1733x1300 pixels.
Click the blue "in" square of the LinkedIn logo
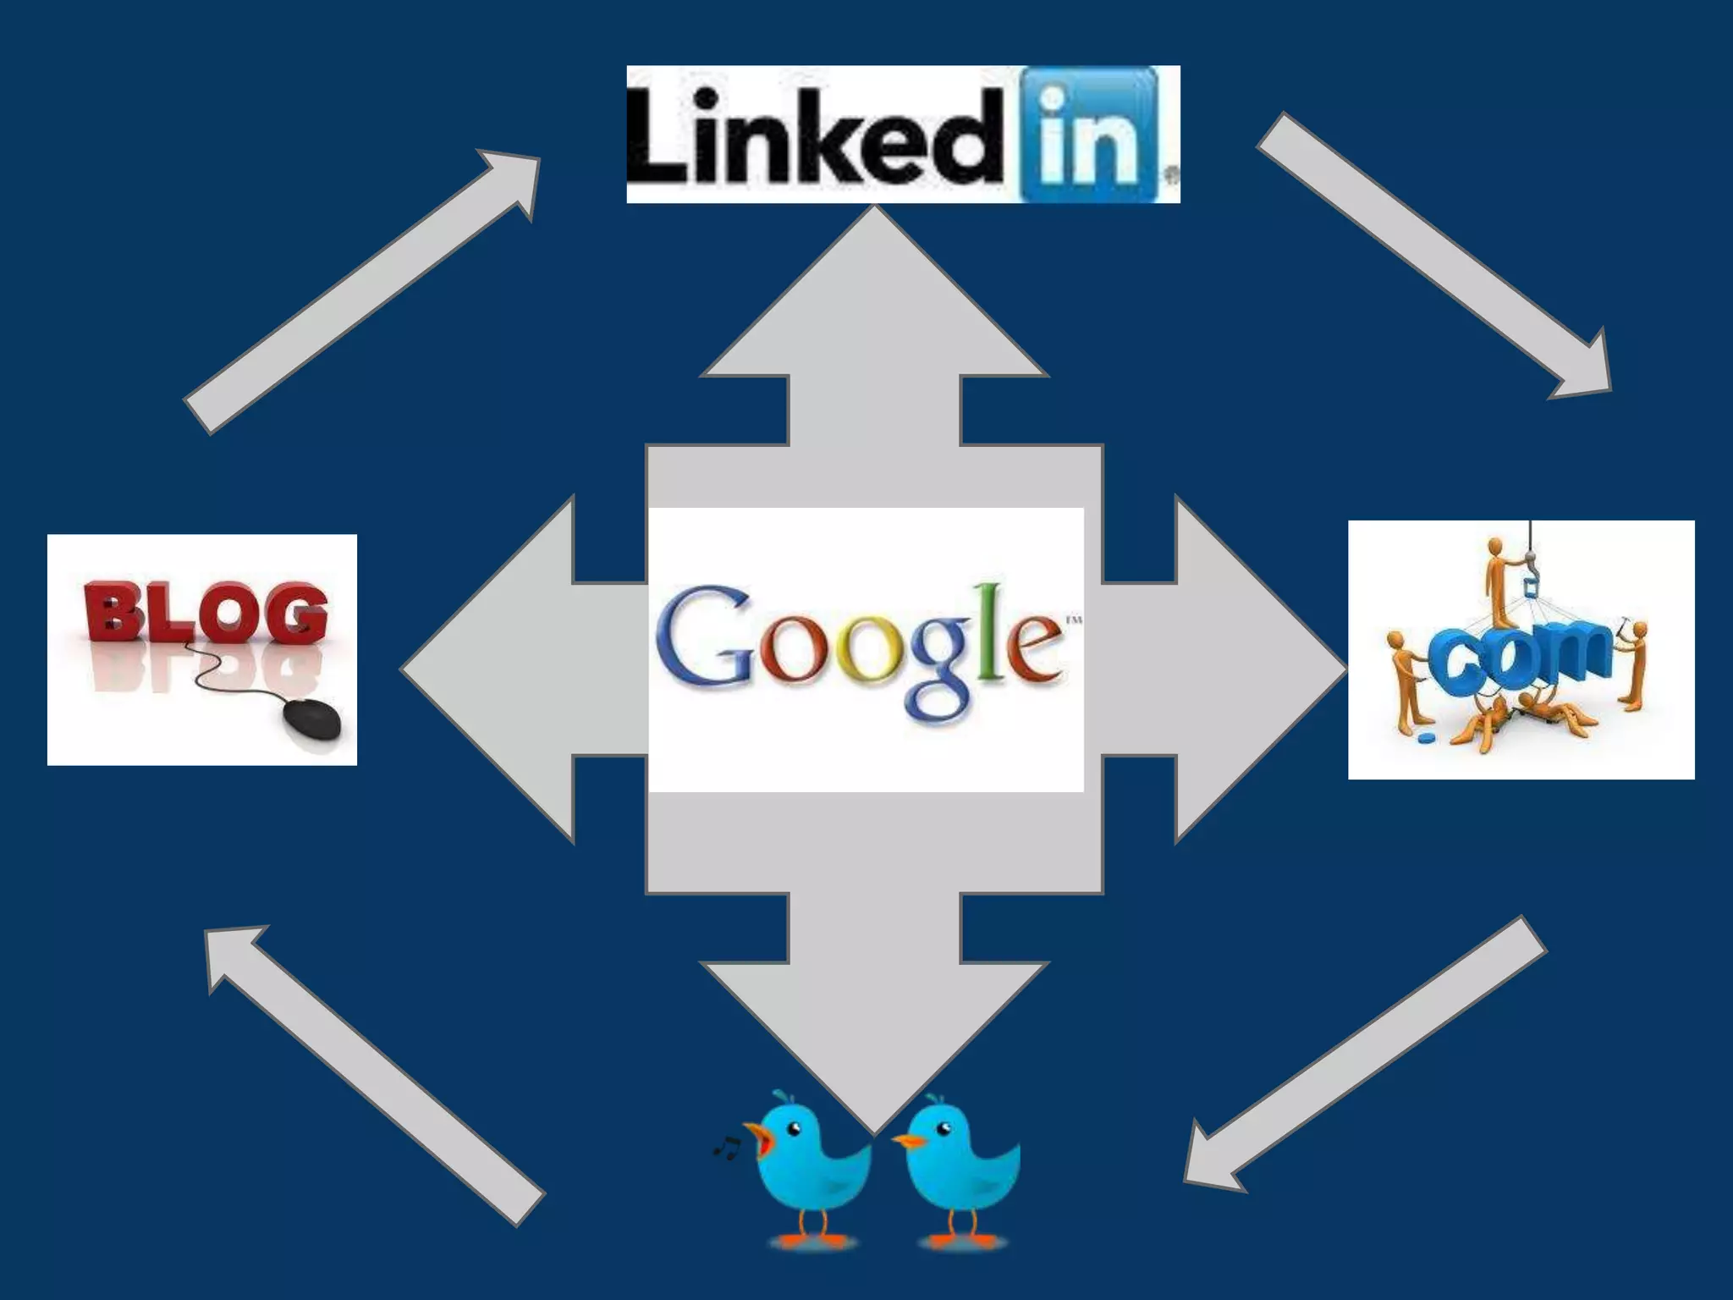pos(1090,135)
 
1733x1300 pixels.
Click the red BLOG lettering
pos(206,612)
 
